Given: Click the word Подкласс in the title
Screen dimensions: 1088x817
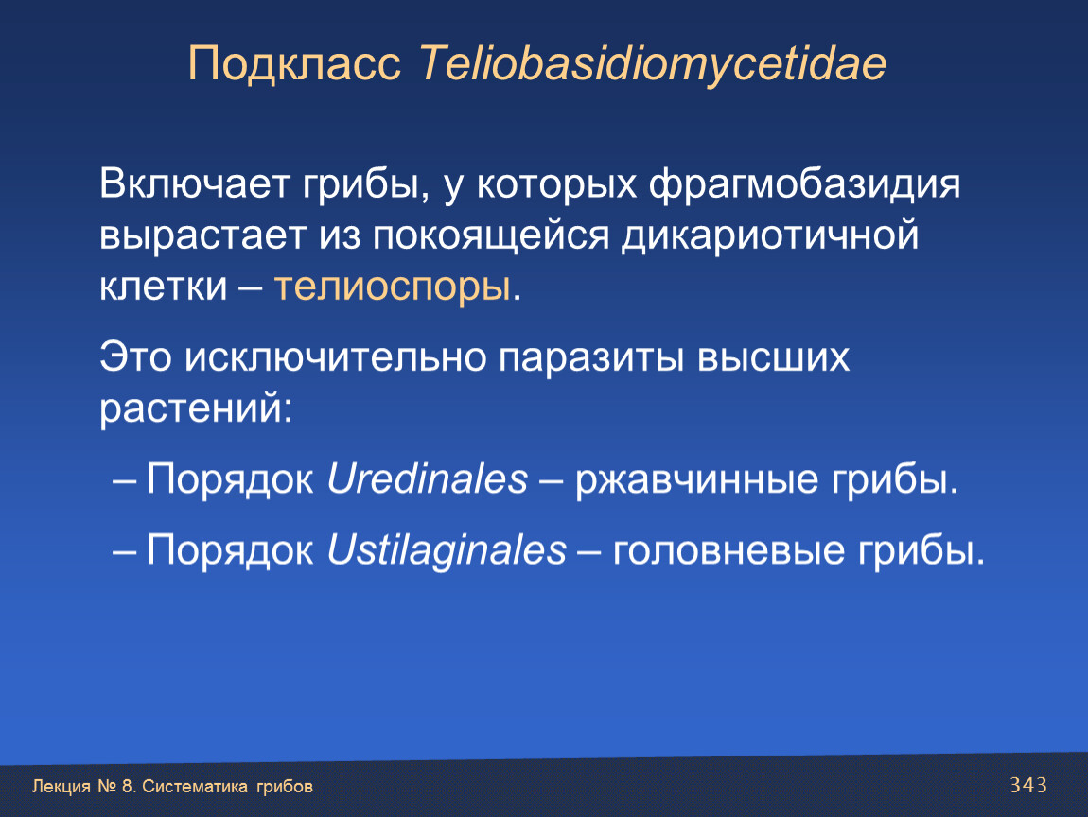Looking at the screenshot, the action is [294, 63].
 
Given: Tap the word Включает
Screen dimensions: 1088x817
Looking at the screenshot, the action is [194, 184].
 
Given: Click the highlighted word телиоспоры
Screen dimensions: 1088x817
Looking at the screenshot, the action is [393, 287].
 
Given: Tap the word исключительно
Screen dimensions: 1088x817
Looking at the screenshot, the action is [335, 358].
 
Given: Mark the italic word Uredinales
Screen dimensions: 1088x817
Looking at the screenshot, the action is [428, 479].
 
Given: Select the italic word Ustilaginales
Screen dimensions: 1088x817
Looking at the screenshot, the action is [447, 551].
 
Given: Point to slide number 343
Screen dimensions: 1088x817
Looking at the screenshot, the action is [1028, 785].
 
